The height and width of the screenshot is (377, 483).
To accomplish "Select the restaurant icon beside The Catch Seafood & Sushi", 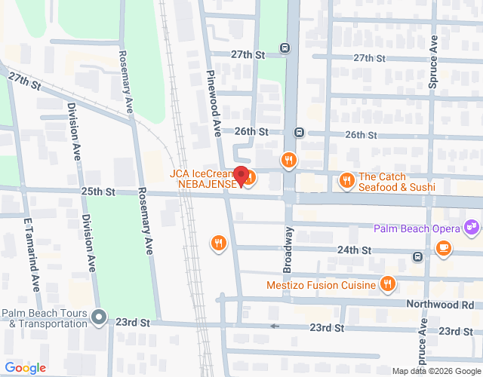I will click(346, 179).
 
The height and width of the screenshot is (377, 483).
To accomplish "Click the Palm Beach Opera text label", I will click(417, 227).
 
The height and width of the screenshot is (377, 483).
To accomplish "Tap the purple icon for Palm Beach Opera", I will click(472, 225).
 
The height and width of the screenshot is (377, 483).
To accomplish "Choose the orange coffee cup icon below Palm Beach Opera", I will click(444, 247).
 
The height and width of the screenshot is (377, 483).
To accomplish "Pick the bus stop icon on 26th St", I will click(300, 133).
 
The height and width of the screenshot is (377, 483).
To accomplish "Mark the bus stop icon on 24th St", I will click(417, 257).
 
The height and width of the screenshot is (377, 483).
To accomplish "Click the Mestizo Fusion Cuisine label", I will click(321, 285).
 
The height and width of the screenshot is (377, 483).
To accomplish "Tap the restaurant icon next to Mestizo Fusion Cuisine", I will click(387, 284).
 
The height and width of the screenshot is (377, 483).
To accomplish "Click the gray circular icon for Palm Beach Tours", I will click(99, 317).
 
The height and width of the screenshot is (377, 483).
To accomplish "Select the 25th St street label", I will click(98, 192).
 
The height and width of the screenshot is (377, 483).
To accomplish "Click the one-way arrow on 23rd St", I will click(275, 326).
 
